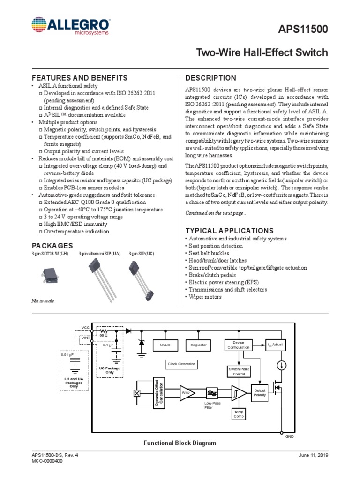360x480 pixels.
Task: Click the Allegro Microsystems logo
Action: click(71, 26)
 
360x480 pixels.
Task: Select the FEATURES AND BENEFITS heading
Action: click(79, 78)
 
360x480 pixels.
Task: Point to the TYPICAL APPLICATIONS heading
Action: click(230, 231)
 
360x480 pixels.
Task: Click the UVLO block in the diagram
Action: click(165, 345)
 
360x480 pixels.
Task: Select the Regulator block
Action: click(198, 345)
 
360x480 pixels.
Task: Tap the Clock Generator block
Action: click(181, 364)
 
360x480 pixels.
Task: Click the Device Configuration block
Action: click(239, 345)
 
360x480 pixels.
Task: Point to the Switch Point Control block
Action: click(239, 372)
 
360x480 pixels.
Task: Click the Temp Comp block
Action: click(239, 414)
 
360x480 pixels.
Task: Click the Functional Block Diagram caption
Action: click(180, 443)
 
